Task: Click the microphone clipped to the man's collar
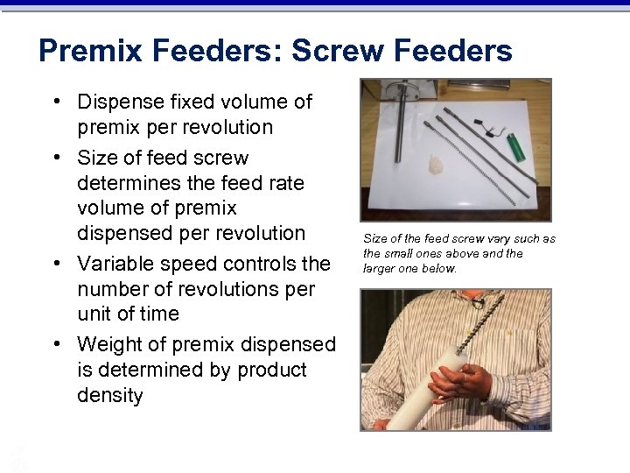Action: [x=478, y=301]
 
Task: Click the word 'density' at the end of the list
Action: [x=109, y=395]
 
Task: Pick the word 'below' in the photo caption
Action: [x=439, y=268]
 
